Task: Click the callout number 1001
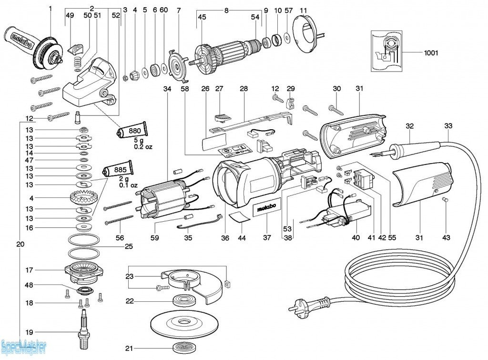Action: [x=431, y=53]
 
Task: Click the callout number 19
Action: [x=30, y=332]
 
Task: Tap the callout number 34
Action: [x=166, y=89]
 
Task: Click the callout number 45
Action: [x=202, y=17]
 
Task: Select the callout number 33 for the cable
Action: [x=448, y=126]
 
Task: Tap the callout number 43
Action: [x=446, y=237]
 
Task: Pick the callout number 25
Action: [x=128, y=247]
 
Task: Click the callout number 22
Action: [x=129, y=301]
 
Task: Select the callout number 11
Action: [x=304, y=10]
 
